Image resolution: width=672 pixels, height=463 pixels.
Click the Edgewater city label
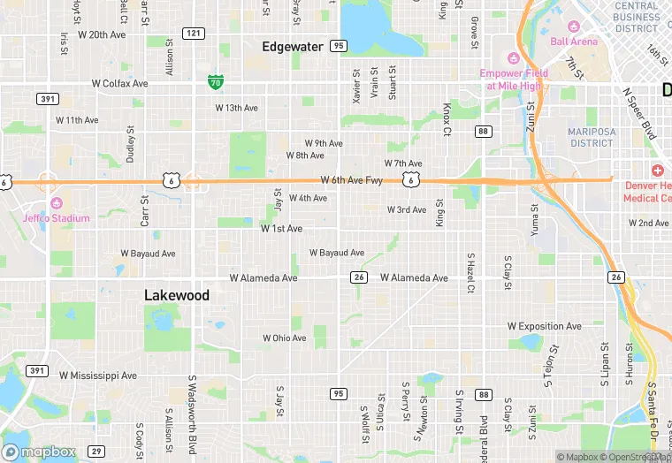pos(294,46)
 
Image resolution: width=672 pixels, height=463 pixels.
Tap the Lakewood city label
pos(177,295)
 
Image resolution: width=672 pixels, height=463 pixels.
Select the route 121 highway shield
pos(194,33)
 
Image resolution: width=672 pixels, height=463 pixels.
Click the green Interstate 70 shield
pos(215,82)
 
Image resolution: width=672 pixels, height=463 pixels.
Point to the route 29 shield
pos(97,452)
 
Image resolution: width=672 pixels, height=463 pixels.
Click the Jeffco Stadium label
pos(57,217)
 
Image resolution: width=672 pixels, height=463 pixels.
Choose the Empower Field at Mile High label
pos(514,80)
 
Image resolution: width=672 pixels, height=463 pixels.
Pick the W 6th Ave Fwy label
pos(352,180)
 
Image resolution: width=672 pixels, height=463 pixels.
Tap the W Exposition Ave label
pos(545,326)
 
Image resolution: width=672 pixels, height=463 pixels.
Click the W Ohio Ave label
pos(284,338)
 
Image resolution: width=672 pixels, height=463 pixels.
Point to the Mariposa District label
pos(591,137)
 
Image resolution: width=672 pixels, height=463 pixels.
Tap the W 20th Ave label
pos(103,35)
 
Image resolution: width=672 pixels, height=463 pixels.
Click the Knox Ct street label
pos(447,120)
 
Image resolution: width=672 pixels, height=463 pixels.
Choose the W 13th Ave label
pos(237,108)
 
